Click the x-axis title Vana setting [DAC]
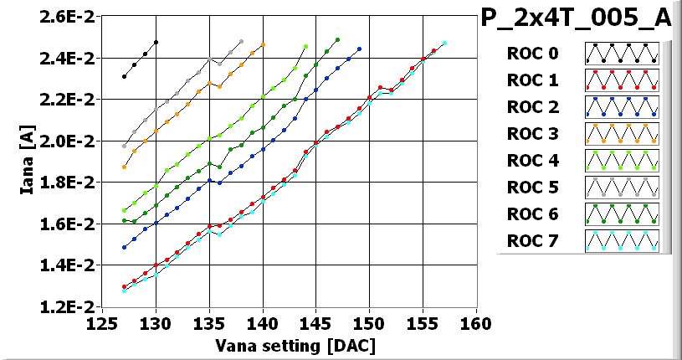pos(282,345)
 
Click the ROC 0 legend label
pos(532,54)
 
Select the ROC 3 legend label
pos(532,134)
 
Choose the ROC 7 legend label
pos(532,241)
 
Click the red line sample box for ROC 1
pos(622,80)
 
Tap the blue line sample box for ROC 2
pos(622,107)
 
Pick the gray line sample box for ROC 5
pos(622,188)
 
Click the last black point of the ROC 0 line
pos(156,42)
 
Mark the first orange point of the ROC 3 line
pos(125,167)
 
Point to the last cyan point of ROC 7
pos(444,43)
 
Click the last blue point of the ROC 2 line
pos(359,49)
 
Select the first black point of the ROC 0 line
pos(125,76)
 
